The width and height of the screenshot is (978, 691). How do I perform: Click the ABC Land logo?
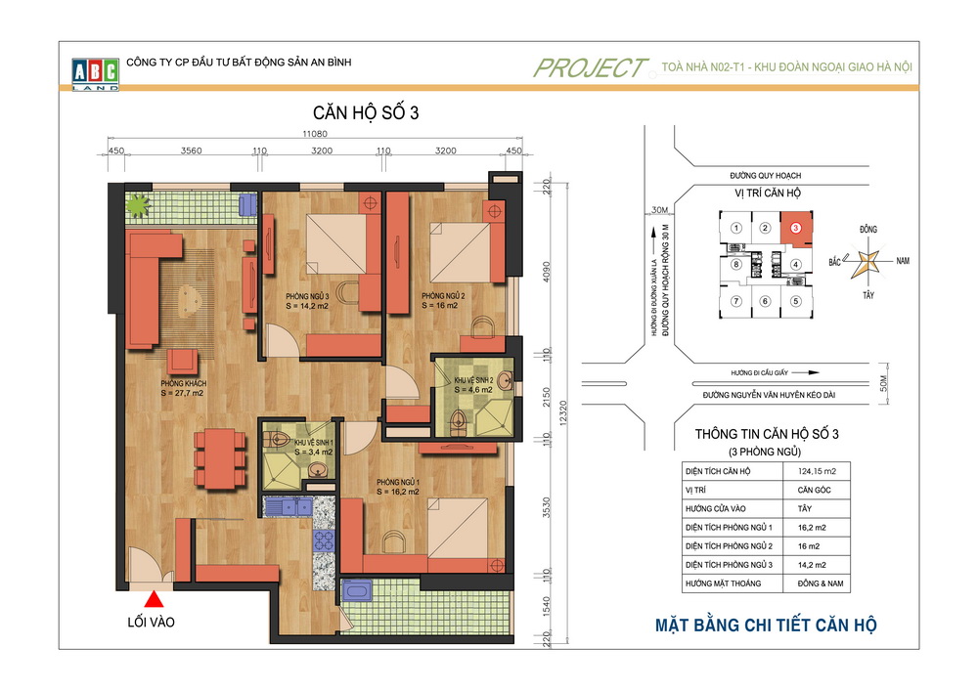96,74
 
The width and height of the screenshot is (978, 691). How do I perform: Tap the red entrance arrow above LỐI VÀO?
154,599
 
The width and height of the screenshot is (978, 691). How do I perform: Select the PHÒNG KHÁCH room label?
184,383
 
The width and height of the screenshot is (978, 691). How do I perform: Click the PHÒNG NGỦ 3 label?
307,296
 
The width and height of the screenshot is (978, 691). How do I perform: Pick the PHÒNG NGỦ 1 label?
398,482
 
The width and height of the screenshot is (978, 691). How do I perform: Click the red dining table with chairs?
219,458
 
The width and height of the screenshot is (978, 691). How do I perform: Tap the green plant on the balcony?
138,205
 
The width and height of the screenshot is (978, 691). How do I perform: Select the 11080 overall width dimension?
315,133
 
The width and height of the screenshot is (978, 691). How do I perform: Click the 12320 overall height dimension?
563,413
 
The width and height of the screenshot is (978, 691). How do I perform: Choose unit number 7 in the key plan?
736,302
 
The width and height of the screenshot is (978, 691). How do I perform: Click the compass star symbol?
866,262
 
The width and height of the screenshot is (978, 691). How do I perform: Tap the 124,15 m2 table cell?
817,471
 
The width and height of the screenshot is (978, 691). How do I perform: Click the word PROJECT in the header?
590,67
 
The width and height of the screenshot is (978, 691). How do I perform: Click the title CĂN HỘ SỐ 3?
366,112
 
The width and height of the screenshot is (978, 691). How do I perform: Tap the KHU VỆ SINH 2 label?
473,380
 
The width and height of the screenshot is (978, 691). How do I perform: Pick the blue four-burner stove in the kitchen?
324,540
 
